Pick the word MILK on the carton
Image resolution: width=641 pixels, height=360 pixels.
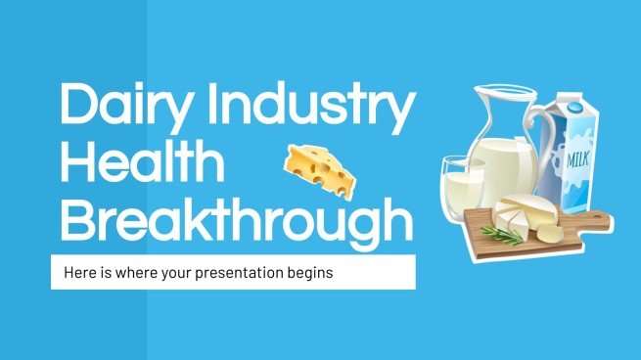pyautogui.click(x=574, y=157)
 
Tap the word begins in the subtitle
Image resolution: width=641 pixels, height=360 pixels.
pyautogui.click(x=311, y=273)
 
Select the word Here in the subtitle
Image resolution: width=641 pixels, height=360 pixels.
pyautogui.click(x=76, y=273)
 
